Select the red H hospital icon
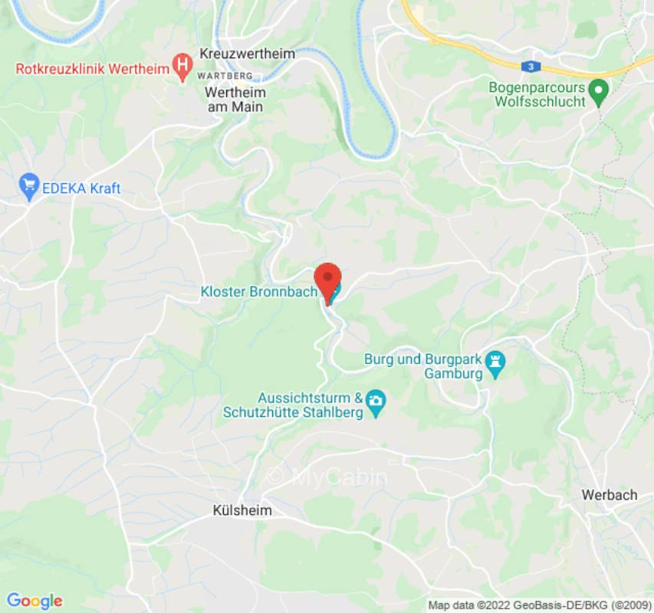point(182,67)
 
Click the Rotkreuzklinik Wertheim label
point(92,68)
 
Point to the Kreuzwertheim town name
point(247,54)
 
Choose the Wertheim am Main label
point(235,100)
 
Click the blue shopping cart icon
point(30,185)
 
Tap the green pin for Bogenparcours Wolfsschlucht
point(599,93)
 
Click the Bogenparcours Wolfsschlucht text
point(537,94)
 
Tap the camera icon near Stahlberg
point(376,401)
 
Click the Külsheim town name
point(242,510)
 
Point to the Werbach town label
point(610,495)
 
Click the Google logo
point(34,601)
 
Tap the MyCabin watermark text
point(327,477)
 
